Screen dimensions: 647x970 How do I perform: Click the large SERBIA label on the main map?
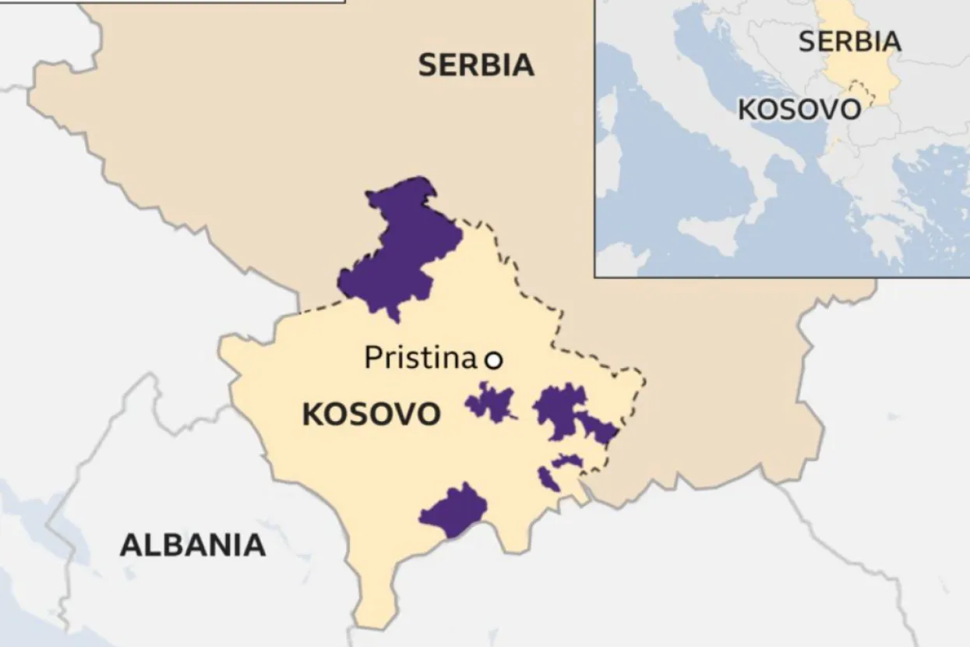476,65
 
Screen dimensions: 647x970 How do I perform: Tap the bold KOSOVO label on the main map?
371,415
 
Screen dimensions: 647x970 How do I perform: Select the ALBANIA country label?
192,545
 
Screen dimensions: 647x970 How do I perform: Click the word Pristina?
420,359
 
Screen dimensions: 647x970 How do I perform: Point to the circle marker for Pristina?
493,360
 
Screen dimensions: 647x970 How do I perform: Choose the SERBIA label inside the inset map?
849,41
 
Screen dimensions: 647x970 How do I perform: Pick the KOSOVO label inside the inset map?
799,110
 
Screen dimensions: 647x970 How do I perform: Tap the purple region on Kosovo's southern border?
454,511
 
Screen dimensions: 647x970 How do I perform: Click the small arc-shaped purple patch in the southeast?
566,461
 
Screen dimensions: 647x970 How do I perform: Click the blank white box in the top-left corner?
210,2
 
